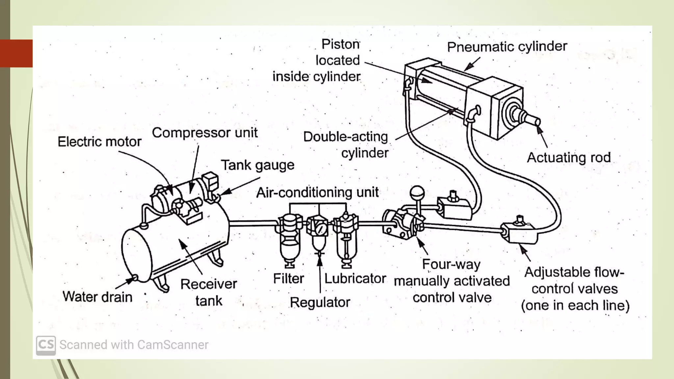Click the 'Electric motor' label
[99, 142]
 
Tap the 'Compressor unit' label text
[204, 133]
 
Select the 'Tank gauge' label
[257, 165]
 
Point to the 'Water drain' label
[97, 297]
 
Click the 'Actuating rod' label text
[569, 158]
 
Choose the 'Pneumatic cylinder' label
[507, 47]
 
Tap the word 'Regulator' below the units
[320, 302]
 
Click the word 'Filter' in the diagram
[288, 279]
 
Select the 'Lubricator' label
[355, 279]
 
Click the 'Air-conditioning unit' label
[317, 192]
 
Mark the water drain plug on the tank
[135, 279]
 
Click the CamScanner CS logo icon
[46, 345]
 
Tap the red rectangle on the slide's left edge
[16, 53]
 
